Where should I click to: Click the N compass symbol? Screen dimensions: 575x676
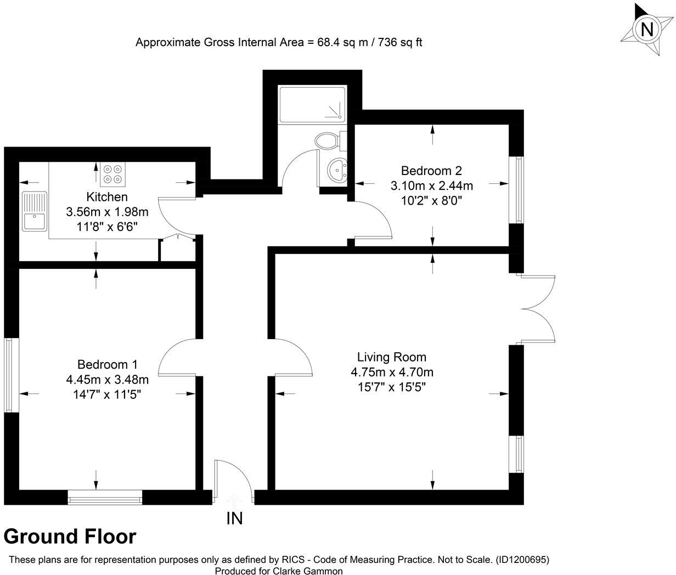(x=647, y=29)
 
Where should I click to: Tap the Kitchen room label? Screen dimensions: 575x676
(x=107, y=197)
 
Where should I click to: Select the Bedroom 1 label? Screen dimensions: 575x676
(x=107, y=364)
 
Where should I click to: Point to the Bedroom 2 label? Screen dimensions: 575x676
(x=431, y=171)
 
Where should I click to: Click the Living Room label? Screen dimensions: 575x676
(x=392, y=357)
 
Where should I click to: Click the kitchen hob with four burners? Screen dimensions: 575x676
(x=113, y=173)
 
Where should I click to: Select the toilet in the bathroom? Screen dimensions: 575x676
(x=328, y=141)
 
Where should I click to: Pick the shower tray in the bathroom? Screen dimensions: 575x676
(x=312, y=104)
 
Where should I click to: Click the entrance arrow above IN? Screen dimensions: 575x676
(x=234, y=498)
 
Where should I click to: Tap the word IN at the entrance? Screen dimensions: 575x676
(x=234, y=518)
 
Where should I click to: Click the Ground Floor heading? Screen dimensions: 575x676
(x=70, y=536)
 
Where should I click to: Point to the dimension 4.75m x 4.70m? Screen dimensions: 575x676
(x=392, y=373)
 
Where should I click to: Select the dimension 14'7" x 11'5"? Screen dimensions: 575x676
(x=107, y=394)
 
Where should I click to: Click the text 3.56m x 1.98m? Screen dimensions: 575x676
(x=107, y=212)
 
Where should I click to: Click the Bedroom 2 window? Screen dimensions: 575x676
(x=516, y=190)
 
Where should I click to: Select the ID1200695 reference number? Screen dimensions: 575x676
(x=522, y=560)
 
